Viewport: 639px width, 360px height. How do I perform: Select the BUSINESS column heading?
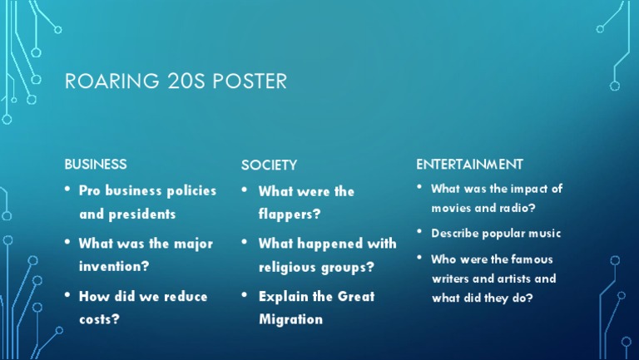[x=96, y=164]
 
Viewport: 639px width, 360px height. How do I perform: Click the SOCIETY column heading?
[x=269, y=165]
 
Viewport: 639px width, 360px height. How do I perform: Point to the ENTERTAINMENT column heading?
[x=469, y=164]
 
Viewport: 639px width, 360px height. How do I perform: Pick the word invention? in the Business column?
[x=114, y=266]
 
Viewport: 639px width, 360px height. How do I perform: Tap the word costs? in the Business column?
[x=99, y=318]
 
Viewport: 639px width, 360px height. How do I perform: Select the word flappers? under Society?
[x=290, y=214]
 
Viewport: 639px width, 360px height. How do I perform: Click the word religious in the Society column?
[x=289, y=267]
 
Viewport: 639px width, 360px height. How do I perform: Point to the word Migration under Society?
[x=290, y=319]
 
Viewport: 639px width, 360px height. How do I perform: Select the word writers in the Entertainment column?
[x=451, y=279]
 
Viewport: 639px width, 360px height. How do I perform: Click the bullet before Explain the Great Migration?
[x=245, y=294]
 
